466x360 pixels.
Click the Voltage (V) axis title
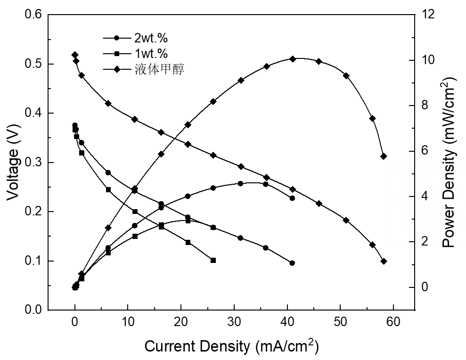coord(13,162)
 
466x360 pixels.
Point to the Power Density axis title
coord(450,163)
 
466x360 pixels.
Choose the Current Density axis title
coord(230,346)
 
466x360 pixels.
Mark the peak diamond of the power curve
coord(293,59)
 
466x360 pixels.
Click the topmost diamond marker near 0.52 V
coord(75,55)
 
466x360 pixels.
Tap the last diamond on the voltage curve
coord(384,261)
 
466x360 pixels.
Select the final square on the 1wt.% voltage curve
coord(213,260)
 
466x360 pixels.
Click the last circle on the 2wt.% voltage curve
coord(292,263)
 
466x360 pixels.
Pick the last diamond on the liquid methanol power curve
coord(384,156)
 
